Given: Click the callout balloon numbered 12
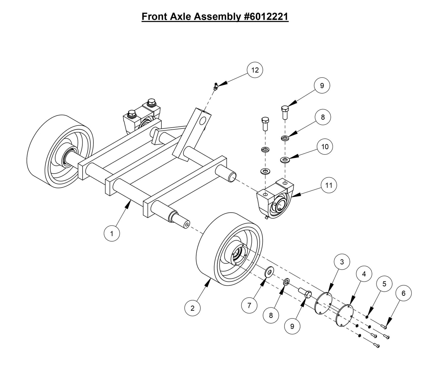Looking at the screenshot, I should point(255,70).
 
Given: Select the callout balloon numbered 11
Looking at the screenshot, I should point(328,185).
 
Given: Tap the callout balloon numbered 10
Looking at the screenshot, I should point(325,146).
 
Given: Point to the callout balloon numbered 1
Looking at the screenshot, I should point(112,234).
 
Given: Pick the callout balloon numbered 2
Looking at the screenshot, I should point(192,308).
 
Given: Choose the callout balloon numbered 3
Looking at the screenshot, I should point(342,262).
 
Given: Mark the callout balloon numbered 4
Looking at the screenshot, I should point(363,273).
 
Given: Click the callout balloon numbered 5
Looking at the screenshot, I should point(384,284).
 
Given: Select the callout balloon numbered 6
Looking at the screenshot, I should point(404,293).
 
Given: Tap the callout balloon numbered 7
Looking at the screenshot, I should point(249,305).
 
